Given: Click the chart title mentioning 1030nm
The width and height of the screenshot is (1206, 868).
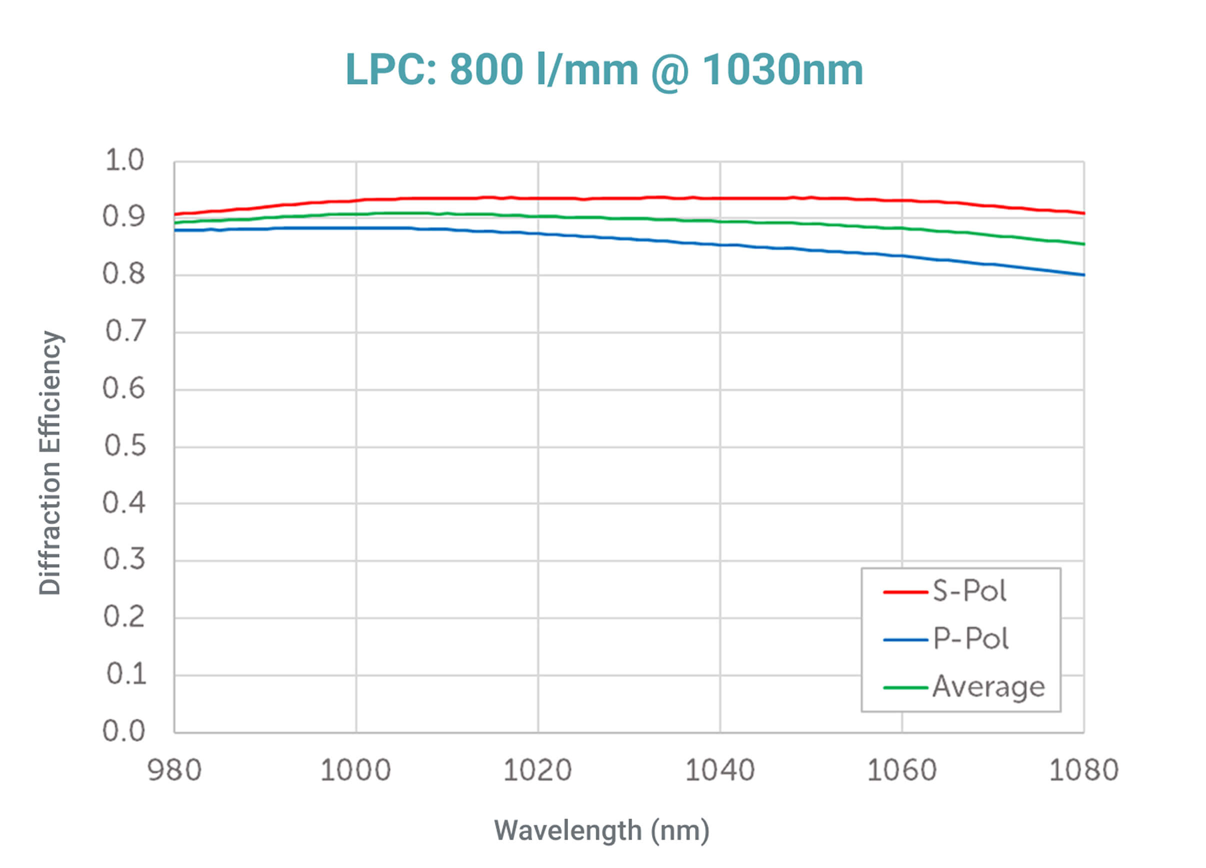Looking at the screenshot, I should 604,69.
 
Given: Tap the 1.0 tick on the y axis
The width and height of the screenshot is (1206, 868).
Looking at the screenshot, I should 124,160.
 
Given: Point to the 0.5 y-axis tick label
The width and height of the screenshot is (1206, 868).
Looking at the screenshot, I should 124,445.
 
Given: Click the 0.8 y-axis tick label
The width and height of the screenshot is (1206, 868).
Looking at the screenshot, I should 124,274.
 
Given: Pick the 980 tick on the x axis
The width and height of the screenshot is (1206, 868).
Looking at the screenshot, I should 174,770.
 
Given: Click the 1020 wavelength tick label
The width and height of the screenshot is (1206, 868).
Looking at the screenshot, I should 537,770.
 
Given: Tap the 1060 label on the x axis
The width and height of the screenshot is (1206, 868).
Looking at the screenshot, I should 902,770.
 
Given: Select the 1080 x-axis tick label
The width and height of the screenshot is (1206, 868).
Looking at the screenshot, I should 1083,770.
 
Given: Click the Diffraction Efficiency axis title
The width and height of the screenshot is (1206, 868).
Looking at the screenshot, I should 50,462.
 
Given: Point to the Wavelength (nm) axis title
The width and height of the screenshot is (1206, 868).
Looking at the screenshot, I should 601,830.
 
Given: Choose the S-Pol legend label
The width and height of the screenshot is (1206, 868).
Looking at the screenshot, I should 969,591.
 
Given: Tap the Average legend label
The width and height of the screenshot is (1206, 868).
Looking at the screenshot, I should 988,687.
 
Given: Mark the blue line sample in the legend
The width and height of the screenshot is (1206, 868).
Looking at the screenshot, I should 905,640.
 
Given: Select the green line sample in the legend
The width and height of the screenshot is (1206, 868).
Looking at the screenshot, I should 905,688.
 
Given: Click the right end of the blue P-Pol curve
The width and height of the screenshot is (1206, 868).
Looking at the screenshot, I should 1083,275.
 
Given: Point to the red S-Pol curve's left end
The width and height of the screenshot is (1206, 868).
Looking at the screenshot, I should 175,215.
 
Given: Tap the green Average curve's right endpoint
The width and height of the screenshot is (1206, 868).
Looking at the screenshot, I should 1083,244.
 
